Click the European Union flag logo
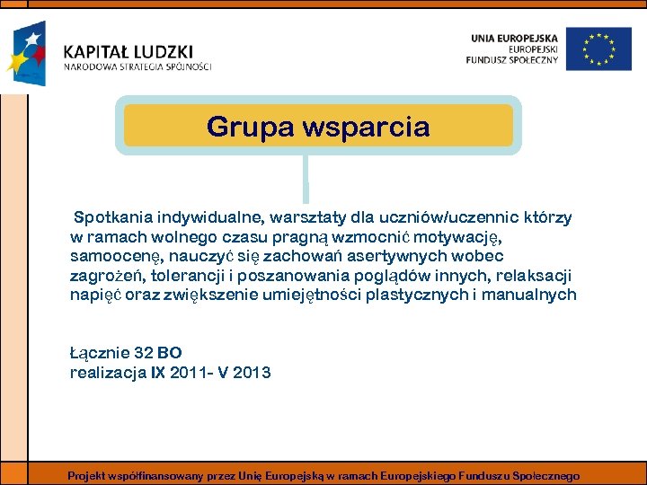(605, 48)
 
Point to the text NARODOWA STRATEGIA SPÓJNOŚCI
(137, 66)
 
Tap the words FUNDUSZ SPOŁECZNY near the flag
(512, 60)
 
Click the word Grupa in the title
(244, 127)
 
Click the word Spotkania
(112, 217)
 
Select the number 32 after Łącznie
(143, 353)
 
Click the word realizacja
(108, 372)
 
